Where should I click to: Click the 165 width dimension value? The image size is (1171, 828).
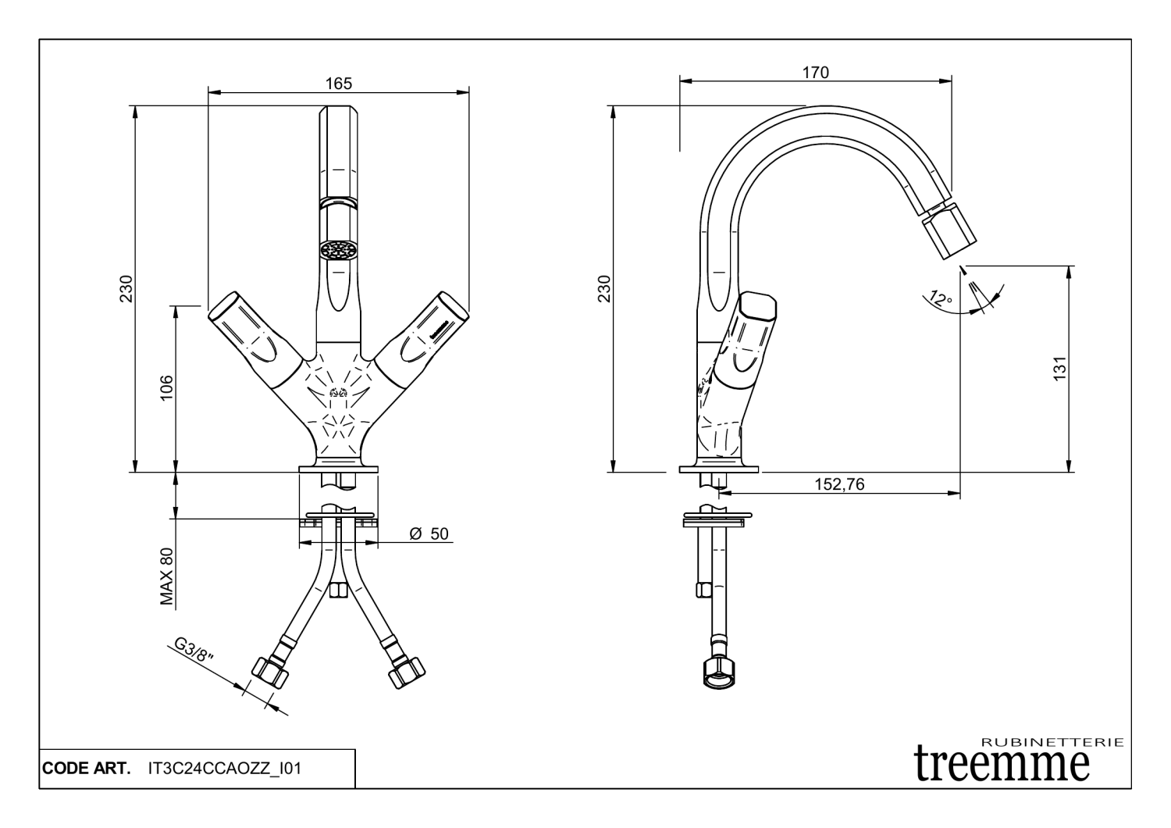[339, 84]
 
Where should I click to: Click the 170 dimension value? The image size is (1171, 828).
[815, 73]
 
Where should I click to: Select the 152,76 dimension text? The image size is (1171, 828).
[839, 484]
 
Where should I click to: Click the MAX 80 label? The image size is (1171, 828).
[166, 576]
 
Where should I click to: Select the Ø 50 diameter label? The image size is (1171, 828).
[429, 534]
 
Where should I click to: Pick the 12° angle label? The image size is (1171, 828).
[941, 298]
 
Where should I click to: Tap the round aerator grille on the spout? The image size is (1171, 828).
[338, 250]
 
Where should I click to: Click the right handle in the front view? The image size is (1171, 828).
[427, 332]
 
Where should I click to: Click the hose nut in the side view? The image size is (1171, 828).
[718, 673]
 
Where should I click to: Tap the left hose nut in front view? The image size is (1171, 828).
[267, 670]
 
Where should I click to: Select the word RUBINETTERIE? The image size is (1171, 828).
[1051, 741]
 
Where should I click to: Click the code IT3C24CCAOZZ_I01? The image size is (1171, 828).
[224, 769]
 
